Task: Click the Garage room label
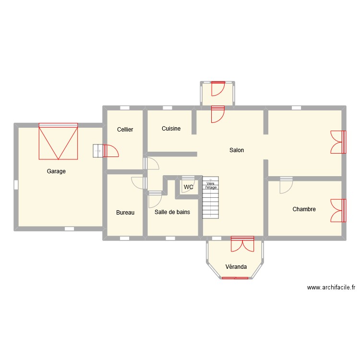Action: click(56, 171)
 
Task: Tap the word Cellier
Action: click(125, 130)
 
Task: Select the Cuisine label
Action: click(171, 129)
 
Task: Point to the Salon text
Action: click(237, 150)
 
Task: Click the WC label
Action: click(188, 187)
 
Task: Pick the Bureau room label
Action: click(125, 213)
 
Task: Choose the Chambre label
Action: click(304, 209)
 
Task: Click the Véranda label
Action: click(236, 267)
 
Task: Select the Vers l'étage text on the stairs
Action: click(210, 185)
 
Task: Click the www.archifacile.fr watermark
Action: click(331, 288)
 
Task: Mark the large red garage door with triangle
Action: click(58, 141)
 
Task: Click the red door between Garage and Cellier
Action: click(110, 151)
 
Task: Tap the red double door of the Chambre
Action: click(338, 211)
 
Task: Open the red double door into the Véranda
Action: click(242, 244)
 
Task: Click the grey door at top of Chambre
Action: click(286, 185)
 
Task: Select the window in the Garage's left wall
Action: click(16, 184)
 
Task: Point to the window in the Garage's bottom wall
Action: click(70, 228)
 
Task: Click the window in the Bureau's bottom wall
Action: click(125, 238)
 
